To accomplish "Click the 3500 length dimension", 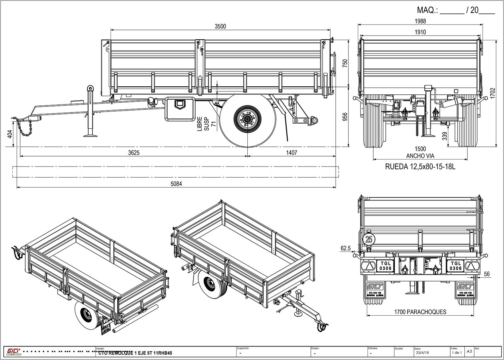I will (220, 27).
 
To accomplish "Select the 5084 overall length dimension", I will (176, 184).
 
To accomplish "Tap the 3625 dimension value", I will (133, 152).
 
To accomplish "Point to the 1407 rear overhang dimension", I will (291, 152).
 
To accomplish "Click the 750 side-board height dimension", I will (345, 63).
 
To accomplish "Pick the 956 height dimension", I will (345, 117).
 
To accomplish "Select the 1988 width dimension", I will (420, 21).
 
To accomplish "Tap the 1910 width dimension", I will (420, 32).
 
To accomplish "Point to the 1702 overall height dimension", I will (493, 93).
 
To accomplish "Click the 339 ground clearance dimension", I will (445, 136).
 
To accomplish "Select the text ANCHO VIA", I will (420, 156).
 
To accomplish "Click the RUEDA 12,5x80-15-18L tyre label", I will (420, 167).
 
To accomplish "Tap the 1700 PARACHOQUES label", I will (420, 312).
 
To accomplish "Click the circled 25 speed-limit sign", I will (369, 239).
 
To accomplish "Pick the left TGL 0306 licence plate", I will (385, 266).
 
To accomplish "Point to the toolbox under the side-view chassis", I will (180, 109).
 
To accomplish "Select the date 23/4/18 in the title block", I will (422, 353).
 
